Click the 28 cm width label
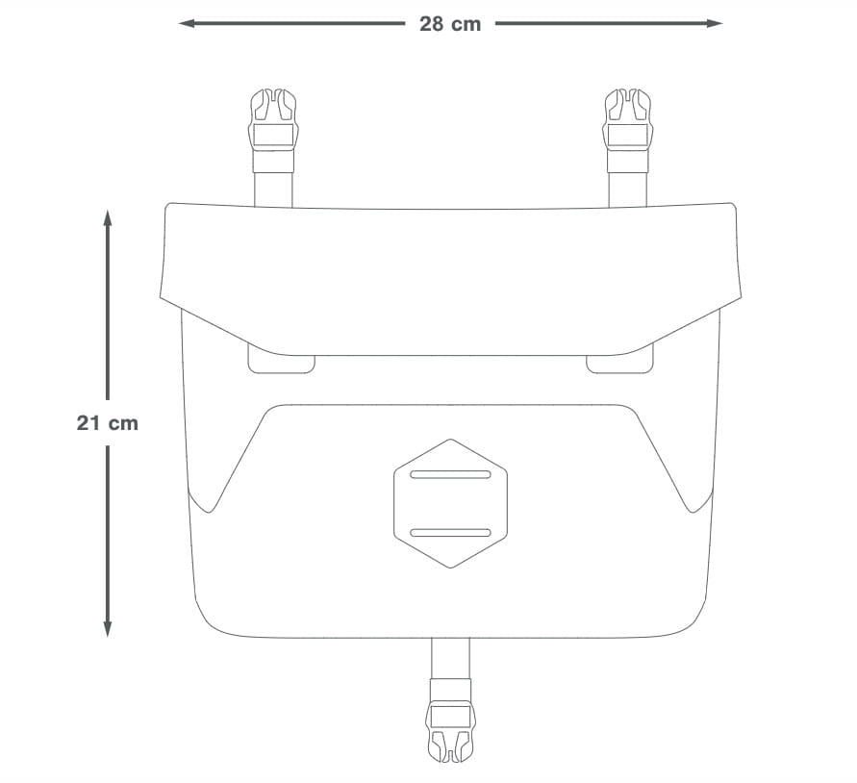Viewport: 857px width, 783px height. click(x=450, y=24)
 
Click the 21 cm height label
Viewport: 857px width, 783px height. click(x=107, y=423)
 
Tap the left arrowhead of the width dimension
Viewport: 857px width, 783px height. click(x=187, y=23)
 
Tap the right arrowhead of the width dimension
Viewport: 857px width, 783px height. click(x=715, y=23)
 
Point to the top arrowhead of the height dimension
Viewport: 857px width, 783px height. click(x=108, y=218)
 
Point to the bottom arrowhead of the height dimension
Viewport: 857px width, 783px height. click(x=108, y=629)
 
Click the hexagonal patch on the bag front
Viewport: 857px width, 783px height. click(x=450, y=504)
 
